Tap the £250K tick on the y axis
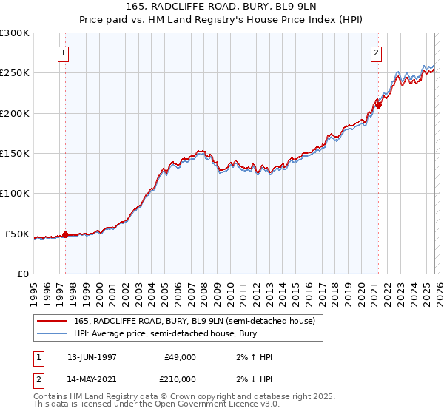pyautogui.click(x=15, y=73)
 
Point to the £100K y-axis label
pyautogui.click(x=15, y=194)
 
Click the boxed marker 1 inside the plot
pyautogui.click(x=64, y=52)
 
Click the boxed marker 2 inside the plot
pyautogui.click(x=377, y=52)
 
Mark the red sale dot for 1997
pyautogui.click(x=65, y=234)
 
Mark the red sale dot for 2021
pyautogui.click(x=377, y=105)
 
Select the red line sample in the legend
pyautogui.click(x=52, y=321)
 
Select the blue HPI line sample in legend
pyautogui.click(x=52, y=334)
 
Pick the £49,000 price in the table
pyautogui.click(x=180, y=357)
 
